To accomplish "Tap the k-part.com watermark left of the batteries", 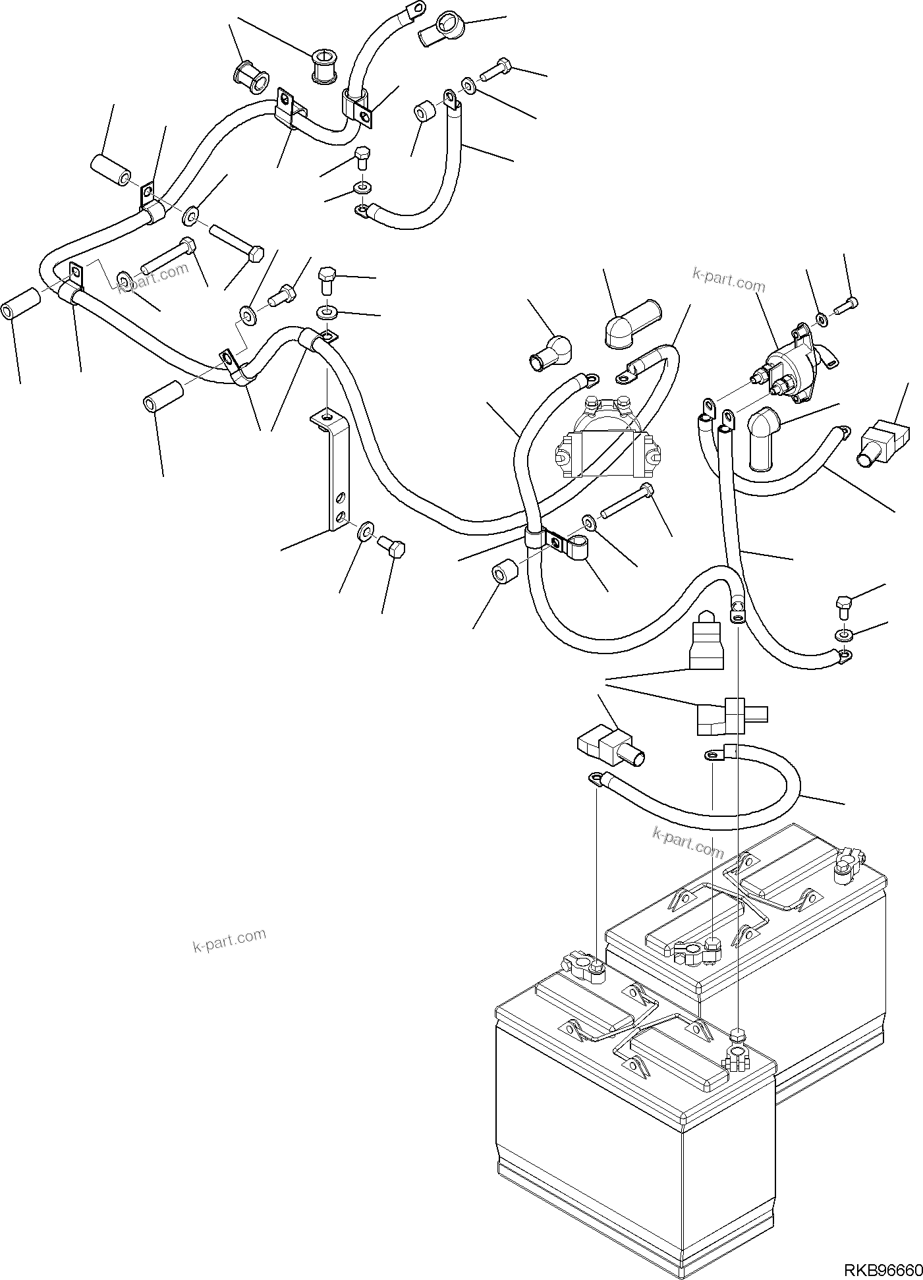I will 229,940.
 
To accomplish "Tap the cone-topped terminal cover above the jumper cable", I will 705,638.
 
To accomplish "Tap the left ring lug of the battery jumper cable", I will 595,779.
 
